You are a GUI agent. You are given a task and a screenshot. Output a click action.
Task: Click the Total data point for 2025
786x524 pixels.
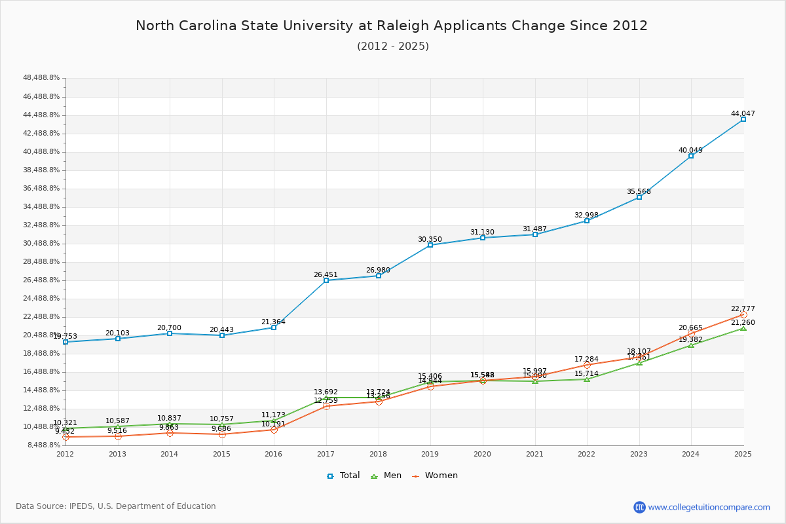pos(743,119)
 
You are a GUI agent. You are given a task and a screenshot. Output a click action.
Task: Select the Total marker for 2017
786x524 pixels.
pos(326,280)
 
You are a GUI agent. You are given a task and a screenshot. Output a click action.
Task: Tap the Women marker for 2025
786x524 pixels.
pos(743,315)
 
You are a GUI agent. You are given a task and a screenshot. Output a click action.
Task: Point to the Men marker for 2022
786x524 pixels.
pos(587,379)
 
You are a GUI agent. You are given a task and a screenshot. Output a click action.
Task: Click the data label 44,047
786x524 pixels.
pos(743,113)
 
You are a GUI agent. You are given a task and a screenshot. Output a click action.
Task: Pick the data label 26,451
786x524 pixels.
pos(326,274)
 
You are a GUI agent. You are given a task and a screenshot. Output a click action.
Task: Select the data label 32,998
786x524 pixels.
pos(586,215)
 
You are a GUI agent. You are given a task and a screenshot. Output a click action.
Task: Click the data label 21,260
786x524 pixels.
pos(743,322)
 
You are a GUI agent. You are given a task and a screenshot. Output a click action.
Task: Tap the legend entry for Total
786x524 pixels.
pos(343,476)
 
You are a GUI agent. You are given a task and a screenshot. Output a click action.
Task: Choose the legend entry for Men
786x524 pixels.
pos(387,476)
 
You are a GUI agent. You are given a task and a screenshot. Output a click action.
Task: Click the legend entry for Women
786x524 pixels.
pos(435,476)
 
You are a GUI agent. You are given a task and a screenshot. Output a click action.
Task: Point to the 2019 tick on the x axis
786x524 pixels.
pos(430,453)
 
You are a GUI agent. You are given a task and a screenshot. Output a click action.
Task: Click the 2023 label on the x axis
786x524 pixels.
pos(639,453)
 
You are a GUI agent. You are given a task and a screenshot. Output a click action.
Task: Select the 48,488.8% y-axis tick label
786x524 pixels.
pos(41,78)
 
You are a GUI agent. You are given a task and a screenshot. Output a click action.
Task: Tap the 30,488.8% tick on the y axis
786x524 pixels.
pos(41,243)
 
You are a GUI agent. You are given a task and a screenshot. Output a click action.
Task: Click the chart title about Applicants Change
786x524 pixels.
pos(392,26)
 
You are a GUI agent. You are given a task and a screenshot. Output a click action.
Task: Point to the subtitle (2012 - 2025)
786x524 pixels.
pos(393,46)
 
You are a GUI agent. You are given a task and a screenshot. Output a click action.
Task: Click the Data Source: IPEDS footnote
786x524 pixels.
pos(116,506)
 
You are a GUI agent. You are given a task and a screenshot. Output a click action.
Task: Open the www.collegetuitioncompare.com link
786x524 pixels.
pos(709,507)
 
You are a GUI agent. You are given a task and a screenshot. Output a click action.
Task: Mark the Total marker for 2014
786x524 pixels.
pos(170,333)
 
